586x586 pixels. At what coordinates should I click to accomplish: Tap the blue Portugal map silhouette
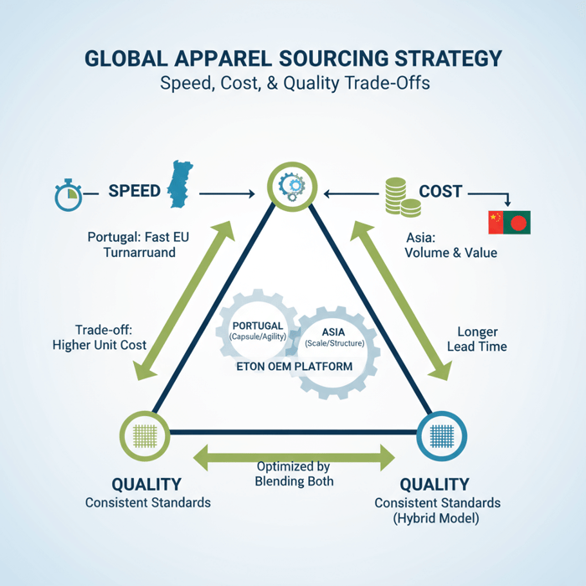178,186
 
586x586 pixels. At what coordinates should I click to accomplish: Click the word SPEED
134,191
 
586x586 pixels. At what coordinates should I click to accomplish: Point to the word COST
440,192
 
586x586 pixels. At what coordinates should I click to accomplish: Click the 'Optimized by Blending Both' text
294,473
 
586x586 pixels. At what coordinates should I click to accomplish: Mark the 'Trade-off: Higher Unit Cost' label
99,337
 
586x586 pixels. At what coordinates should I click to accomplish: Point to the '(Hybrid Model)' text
437,518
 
